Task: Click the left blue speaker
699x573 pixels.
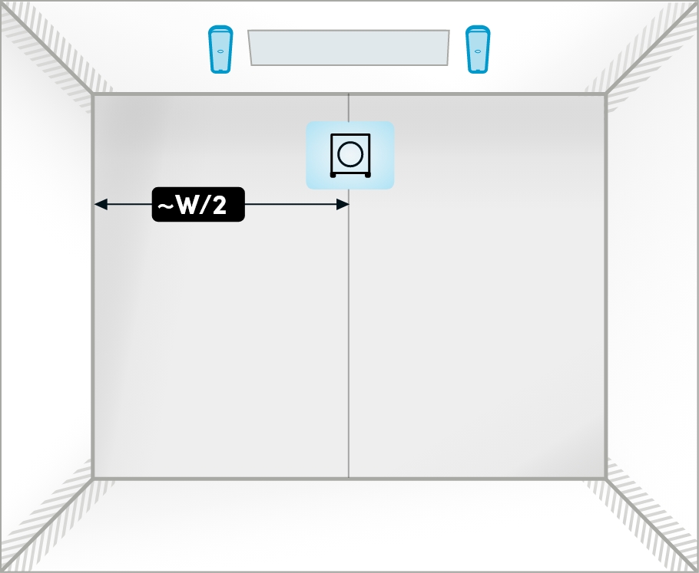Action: [x=220, y=49]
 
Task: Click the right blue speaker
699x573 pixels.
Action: [x=478, y=49]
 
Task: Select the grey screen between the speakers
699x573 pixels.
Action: [x=349, y=48]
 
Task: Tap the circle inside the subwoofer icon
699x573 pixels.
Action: [x=350, y=154]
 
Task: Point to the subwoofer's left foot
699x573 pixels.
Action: [x=333, y=175]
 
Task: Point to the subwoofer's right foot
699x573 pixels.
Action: [x=368, y=175]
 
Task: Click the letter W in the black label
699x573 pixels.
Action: [x=187, y=205]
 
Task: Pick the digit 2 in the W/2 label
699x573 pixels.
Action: [x=220, y=205]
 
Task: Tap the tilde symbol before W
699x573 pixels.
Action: [x=165, y=206]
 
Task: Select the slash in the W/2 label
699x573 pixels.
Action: [x=207, y=205]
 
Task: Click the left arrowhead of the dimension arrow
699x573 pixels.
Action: [x=101, y=204]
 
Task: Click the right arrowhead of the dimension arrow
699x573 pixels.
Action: [x=343, y=204]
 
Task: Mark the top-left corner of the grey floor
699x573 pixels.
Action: [x=93, y=94]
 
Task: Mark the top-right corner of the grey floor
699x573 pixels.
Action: [x=605, y=94]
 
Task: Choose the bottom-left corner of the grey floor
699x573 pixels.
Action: [x=93, y=479]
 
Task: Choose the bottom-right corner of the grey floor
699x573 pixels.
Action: [x=605, y=479]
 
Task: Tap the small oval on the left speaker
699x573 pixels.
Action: [x=220, y=51]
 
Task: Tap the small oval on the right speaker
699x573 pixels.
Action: [x=478, y=51]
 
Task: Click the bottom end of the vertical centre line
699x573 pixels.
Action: [x=349, y=477]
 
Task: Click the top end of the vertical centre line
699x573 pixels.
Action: [x=349, y=95]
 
